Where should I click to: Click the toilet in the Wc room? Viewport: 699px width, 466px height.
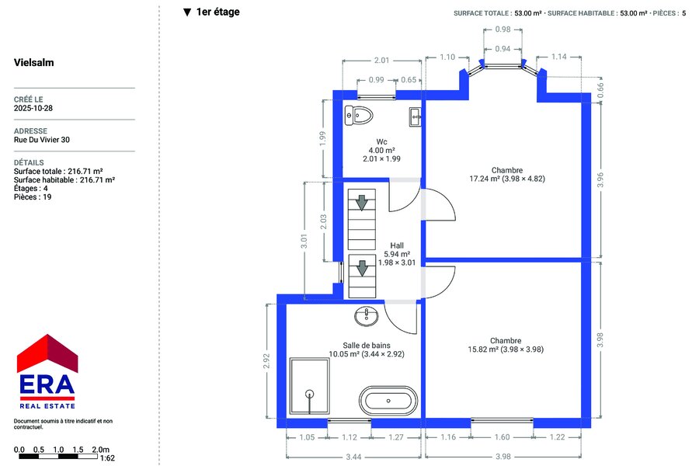(359, 116)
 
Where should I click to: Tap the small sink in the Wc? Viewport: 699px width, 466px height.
(415, 117)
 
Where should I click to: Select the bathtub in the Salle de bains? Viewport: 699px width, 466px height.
(388, 401)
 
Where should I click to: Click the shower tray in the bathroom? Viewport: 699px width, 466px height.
(310, 386)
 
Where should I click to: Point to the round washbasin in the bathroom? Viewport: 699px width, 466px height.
(367, 316)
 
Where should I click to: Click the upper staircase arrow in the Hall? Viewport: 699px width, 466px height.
(361, 203)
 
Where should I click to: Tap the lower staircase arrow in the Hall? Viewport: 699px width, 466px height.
(362, 269)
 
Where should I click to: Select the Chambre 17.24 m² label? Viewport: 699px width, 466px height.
(507, 174)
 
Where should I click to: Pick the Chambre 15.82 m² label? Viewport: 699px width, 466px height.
(506, 345)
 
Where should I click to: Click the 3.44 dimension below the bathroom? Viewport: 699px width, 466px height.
(353, 457)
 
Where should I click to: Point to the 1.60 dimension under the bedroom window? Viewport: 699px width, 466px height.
(502, 437)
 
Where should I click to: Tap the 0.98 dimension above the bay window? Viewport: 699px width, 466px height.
(503, 30)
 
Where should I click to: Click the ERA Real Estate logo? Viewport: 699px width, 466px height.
(47, 371)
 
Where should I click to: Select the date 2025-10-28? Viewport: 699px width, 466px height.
(33, 108)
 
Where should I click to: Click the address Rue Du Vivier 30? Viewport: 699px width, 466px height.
(41, 140)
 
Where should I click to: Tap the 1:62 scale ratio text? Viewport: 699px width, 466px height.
(107, 458)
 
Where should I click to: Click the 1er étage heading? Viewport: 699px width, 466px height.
(217, 12)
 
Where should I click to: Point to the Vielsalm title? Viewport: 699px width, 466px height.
(34, 62)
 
